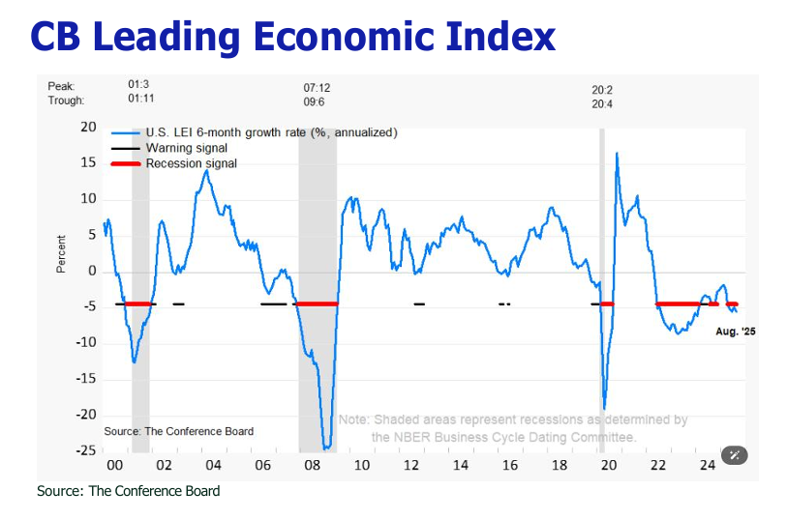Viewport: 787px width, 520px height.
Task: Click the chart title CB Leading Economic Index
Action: click(292, 36)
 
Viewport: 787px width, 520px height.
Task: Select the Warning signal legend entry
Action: click(186, 148)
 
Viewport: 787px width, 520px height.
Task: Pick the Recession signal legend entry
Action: click(191, 163)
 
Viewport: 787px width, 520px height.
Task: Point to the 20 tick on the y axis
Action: click(89, 128)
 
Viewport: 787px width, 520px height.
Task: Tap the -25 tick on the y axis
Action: click(86, 450)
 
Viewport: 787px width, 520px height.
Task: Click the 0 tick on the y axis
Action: click(92, 271)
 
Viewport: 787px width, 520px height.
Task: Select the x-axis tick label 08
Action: click(312, 466)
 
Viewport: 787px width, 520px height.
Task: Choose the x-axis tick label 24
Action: click(708, 466)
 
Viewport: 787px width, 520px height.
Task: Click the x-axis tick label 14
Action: click(460, 466)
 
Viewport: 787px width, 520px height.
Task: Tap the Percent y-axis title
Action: click(61, 253)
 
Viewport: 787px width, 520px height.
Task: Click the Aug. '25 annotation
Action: click(735, 332)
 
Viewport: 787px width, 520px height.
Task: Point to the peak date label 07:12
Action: click(317, 87)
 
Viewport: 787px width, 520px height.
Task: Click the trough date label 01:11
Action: click(142, 100)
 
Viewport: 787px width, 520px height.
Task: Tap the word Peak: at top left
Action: click(61, 87)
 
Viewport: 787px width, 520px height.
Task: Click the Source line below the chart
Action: click(128, 491)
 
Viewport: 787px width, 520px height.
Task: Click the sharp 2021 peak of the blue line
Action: click(617, 153)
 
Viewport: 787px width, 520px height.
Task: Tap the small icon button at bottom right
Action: click(736, 454)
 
